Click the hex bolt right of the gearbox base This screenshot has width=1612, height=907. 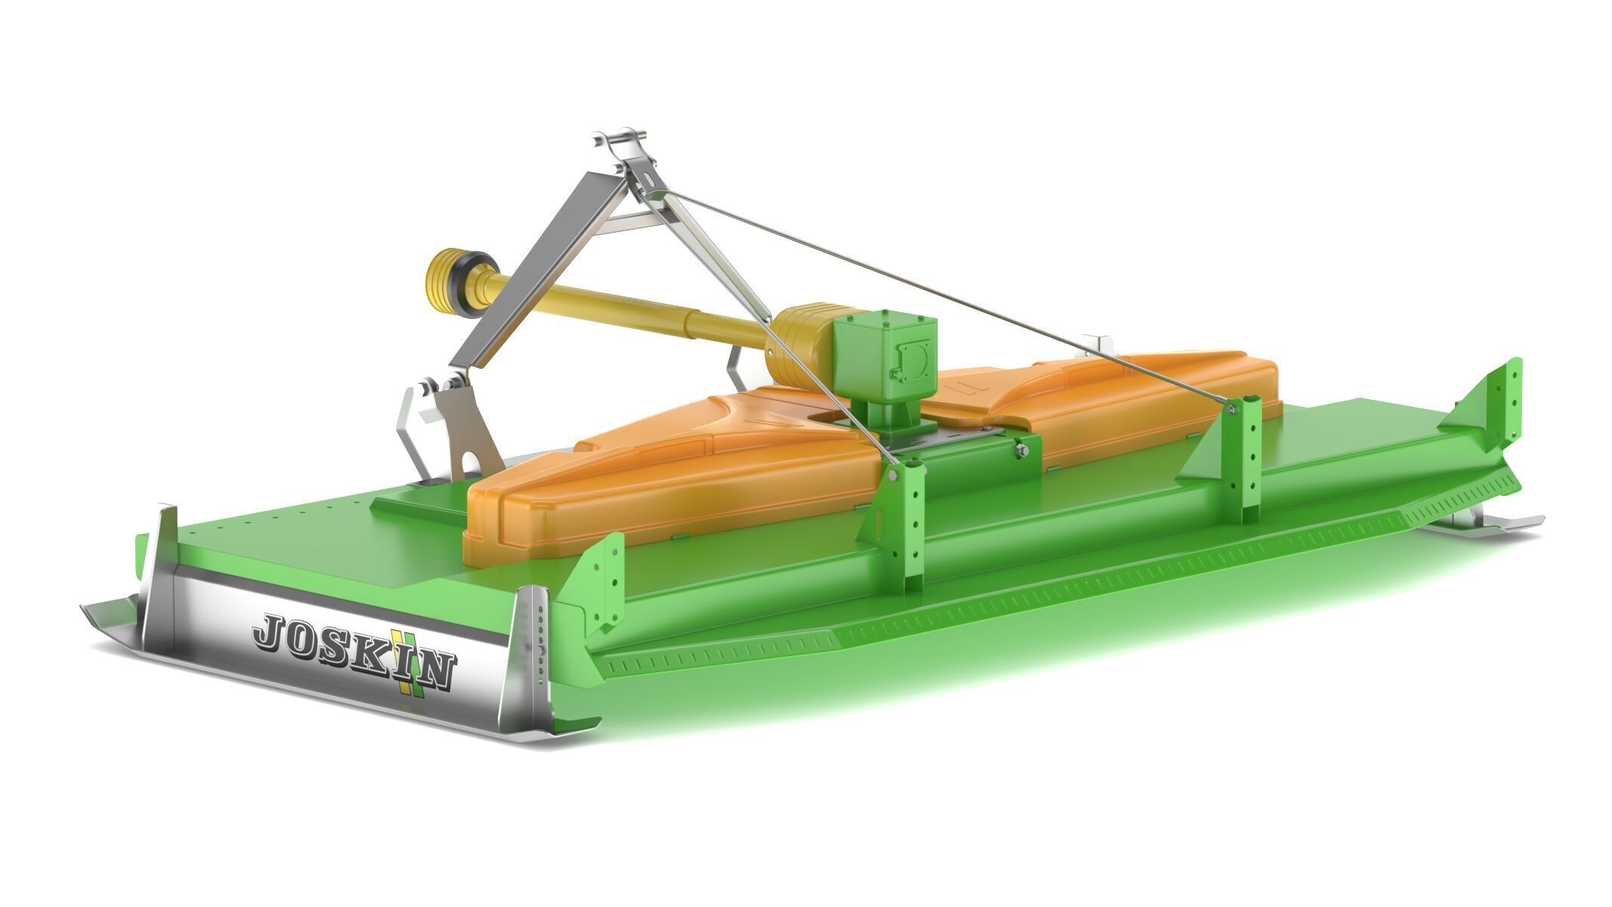point(1021,450)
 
